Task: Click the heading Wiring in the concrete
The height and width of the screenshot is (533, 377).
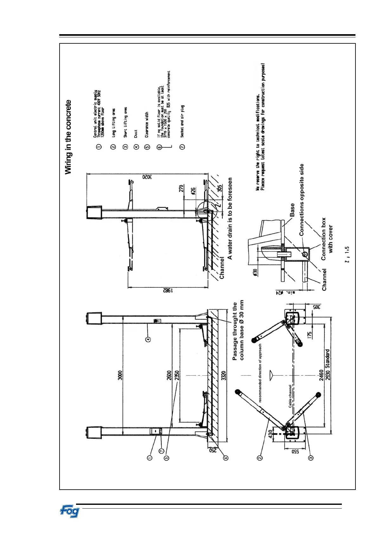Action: click(x=68, y=137)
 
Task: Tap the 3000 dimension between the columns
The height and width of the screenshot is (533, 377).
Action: click(x=120, y=376)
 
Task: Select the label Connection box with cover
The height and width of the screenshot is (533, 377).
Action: click(x=327, y=239)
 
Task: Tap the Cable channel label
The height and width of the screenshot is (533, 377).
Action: click(x=290, y=396)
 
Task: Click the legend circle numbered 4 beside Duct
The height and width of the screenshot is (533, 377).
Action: click(x=137, y=147)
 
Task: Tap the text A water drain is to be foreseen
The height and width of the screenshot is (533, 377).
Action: click(x=230, y=218)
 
